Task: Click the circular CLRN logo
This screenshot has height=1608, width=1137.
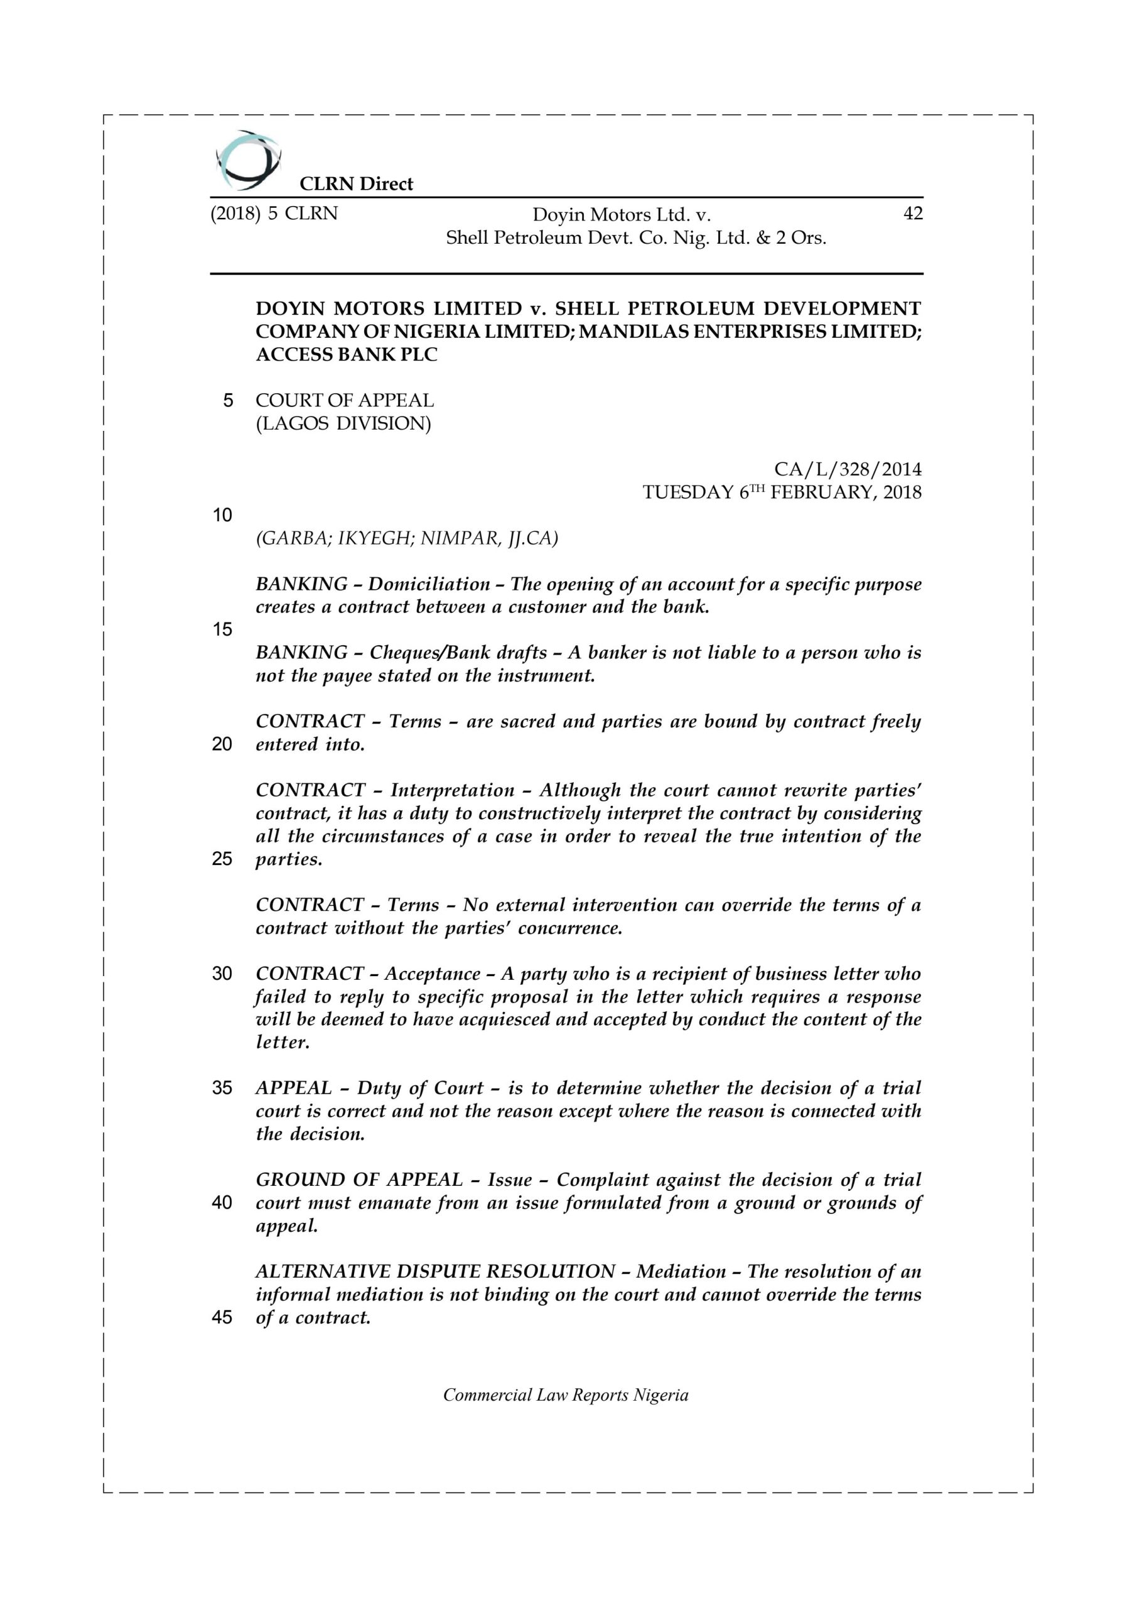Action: tap(249, 160)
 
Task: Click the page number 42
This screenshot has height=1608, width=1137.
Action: tap(913, 214)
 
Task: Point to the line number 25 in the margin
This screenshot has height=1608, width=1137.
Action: tap(222, 859)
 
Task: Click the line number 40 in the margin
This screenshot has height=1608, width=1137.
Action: tap(222, 1202)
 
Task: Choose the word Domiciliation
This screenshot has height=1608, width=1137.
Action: tap(429, 584)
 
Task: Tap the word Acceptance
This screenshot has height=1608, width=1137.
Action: tap(432, 974)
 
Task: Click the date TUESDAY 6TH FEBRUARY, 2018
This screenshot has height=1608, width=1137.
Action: tap(782, 492)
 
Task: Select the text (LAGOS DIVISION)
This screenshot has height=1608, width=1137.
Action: tap(343, 424)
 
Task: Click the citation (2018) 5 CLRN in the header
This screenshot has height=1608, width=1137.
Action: tap(274, 214)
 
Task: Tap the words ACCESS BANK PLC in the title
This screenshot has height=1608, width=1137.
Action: tap(347, 355)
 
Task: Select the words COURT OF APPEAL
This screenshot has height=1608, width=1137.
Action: tap(345, 401)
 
